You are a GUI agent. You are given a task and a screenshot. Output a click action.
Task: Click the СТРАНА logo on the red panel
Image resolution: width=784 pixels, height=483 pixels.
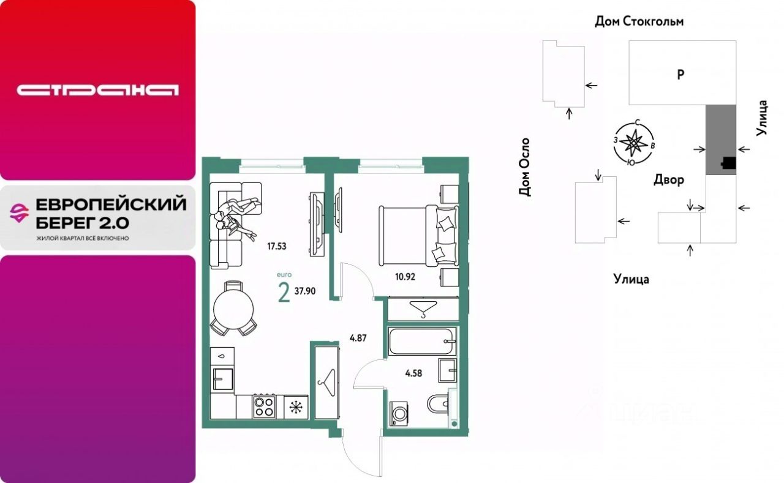(97, 90)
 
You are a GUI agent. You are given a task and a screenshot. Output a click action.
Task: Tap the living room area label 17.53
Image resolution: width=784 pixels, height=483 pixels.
(276, 246)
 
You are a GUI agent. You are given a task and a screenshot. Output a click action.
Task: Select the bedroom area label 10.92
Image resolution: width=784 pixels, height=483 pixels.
(405, 277)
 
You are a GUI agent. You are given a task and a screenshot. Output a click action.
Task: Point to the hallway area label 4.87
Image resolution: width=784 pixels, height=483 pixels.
(358, 338)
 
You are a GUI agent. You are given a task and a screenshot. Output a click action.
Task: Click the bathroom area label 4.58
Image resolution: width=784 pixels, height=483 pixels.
(413, 373)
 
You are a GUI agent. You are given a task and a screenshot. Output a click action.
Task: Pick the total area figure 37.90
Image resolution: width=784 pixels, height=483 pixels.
(305, 291)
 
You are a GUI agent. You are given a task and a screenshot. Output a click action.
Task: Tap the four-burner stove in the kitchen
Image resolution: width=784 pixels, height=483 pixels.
(264, 406)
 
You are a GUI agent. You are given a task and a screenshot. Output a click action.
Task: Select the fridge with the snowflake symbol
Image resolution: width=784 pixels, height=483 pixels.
(296, 406)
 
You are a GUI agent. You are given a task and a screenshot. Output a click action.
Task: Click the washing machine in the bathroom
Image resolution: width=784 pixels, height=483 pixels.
(398, 414)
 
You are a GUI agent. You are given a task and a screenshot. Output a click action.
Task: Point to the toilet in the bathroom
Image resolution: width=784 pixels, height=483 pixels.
(437, 404)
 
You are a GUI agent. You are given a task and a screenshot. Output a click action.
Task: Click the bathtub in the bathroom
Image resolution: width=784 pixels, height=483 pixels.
(422, 341)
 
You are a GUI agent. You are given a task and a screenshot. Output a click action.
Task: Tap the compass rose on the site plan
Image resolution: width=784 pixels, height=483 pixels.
(633, 143)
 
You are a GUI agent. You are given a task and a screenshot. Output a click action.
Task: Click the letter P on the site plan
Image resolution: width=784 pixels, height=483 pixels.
(680, 74)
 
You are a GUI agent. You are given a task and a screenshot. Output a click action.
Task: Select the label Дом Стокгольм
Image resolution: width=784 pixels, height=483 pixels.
(639, 21)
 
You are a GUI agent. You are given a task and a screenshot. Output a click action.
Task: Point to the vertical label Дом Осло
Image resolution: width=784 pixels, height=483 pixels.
(525, 167)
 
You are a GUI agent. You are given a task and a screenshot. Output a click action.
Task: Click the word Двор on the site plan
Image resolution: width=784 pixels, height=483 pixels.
(668, 180)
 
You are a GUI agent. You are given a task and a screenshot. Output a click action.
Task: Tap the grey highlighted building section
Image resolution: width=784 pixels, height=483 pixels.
(721, 140)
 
